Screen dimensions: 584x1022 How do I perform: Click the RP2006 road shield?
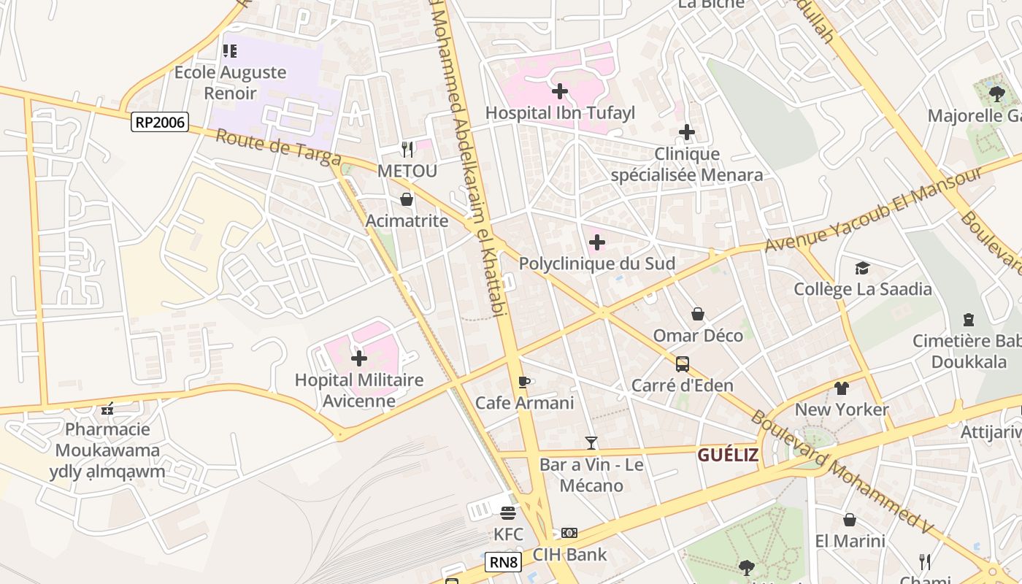pyautogui.click(x=160, y=122)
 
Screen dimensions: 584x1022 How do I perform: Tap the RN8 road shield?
pyautogui.click(x=503, y=562)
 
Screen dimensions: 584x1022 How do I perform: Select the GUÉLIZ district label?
pyautogui.click(x=727, y=455)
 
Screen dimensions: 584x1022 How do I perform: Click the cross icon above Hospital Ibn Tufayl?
pyautogui.click(x=560, y=91)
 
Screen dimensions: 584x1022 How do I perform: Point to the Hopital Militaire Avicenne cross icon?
pyautogui.click(x=359, y=358)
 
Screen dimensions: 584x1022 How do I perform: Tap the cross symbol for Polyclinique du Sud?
pyautogui.click(x=597, y=242)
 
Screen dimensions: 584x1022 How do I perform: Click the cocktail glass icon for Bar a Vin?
pyautogui.click(x=591, y=443)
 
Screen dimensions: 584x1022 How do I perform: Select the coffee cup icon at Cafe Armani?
pyautogui.click(x=523, y=382)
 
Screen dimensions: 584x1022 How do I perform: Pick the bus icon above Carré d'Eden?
pyautogui.click(x=682, y=364)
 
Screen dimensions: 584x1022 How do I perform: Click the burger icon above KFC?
pyautogui.click(x=508, y=512)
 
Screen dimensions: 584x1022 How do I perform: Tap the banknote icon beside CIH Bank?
pyautogui.click(x=569, y=533)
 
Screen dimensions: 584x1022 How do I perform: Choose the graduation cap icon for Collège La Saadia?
pyautogui.click(x=862, y=268)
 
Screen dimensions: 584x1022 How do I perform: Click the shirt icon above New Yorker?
pyautogui.click(x=842, y=388)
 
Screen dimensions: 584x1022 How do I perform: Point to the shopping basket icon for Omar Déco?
pyautogui.click(x=698, y=314)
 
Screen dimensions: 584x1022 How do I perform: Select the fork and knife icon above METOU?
pyautogui.click(x=407, y=150)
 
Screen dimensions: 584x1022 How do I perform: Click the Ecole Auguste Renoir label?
pyautogui.click(x=230, y=82)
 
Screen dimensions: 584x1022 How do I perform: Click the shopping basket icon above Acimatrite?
pyautogui.click(x=407, y=199)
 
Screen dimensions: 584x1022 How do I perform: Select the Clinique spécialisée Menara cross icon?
pyautogui.click(x=686, y=133)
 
